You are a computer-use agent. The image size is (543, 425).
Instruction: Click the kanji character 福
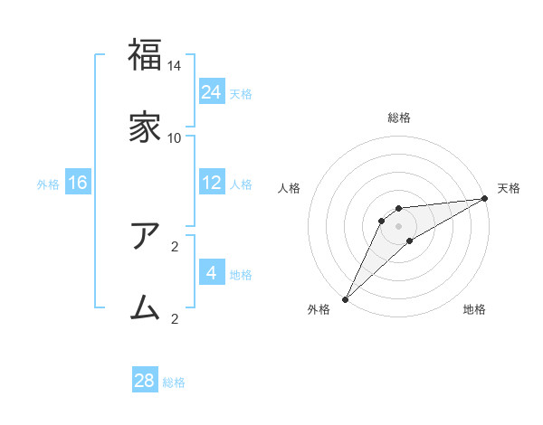tap(145, 55)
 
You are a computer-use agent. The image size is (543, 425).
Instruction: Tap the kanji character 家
tap(145, 127)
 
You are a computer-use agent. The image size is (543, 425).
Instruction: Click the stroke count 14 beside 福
tap(175, 66)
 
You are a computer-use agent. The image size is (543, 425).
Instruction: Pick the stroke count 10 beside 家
tap(175, 137)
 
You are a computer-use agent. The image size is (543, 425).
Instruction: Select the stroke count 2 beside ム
tap(175, 318)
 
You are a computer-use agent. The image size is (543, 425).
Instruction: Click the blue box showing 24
tap(212, 91)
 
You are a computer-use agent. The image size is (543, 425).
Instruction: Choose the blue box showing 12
tap(212, 183)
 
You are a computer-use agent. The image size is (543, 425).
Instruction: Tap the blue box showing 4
tap(212, 273)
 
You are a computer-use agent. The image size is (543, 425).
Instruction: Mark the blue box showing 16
tap(78, 183)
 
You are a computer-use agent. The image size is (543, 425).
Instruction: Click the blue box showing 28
tap(145, 381)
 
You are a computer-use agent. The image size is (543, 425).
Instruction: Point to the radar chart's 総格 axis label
tap(399, 118)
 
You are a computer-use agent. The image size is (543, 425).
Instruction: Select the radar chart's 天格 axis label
tap(509, 188)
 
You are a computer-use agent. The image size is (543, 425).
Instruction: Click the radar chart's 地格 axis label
tap(474, 309)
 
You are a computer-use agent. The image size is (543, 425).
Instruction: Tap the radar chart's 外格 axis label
tap(319, 309)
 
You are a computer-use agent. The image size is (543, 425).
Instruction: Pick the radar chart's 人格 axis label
tap(290, 188)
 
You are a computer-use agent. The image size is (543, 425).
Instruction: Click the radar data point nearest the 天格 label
tap(485, 198)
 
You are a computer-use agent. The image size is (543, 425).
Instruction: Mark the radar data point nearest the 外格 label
tap(345, 299)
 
